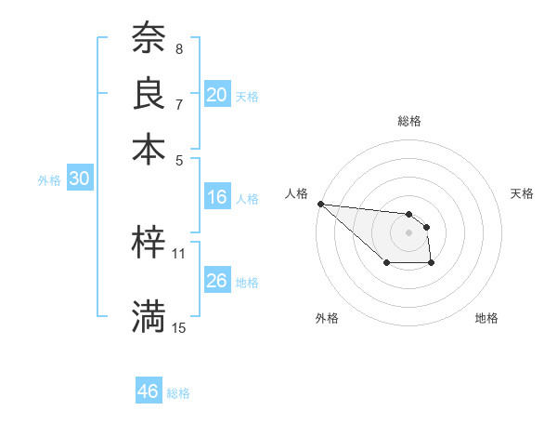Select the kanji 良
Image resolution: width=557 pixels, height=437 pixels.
149,94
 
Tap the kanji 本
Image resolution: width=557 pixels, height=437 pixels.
149,150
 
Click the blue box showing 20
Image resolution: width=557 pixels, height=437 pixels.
217,95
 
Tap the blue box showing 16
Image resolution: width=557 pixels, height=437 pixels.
217,197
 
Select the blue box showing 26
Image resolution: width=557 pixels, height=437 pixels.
217,281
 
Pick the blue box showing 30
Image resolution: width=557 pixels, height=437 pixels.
79,179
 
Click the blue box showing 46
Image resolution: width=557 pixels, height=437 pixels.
148,391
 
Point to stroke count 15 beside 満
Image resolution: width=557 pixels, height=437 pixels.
179,327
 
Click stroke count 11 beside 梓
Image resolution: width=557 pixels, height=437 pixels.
179,253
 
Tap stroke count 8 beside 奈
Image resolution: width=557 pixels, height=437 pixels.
179,48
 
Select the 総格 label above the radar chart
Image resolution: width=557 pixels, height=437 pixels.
408,121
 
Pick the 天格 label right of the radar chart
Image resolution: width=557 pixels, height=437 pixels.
522,193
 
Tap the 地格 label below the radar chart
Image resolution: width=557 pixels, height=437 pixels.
486,318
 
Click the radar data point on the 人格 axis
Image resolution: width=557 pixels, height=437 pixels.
320,204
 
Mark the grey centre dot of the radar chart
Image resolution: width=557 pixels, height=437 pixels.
408,232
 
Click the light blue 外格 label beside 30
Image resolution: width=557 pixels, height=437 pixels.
49,180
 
